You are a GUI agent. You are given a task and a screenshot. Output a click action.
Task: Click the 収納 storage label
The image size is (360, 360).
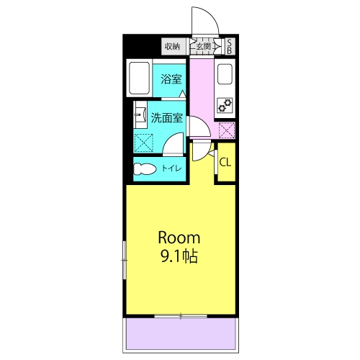(172, 46)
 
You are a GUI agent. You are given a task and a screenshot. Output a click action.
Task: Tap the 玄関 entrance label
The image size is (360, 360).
(204, 46)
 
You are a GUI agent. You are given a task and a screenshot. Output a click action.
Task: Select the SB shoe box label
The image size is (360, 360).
(230, 47)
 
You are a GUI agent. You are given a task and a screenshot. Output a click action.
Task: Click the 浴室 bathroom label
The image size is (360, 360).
(171, 79)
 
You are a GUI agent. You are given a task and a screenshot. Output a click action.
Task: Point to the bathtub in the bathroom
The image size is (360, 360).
(139, 78)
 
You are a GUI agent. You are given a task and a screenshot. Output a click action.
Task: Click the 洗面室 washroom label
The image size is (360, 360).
(167, 118)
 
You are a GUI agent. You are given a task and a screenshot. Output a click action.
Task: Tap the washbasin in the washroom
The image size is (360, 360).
(140, 114)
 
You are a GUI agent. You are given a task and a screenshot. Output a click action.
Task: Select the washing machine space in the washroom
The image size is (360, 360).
(143, 143)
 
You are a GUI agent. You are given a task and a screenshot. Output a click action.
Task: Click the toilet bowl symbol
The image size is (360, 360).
(145, 169)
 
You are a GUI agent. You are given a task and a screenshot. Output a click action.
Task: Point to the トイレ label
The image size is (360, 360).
(171, 168)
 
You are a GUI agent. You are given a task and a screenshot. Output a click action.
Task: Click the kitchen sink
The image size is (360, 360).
(225, 74)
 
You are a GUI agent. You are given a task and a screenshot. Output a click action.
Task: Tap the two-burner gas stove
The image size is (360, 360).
(225, 106)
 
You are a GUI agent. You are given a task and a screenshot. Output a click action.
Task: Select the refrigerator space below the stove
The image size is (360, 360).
(227, 130)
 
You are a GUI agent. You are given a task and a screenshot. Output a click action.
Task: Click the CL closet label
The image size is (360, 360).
(225, 163)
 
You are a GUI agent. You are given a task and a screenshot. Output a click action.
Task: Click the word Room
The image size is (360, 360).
(179, 238)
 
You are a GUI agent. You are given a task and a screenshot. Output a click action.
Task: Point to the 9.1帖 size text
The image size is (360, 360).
(179, 256)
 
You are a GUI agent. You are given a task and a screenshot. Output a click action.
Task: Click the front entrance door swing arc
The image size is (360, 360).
(210, 15)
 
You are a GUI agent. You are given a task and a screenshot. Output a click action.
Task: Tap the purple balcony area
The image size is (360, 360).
(181, 333)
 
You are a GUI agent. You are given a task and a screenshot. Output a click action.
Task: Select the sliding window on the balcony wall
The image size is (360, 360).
(181, 316)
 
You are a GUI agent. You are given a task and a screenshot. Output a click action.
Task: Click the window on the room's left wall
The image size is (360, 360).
(125, 260)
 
